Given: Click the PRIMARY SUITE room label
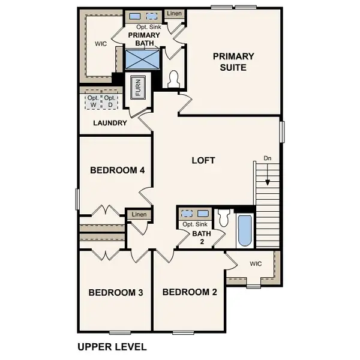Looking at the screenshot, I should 234,62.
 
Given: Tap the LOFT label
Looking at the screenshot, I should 203,160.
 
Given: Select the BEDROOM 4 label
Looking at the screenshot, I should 118,170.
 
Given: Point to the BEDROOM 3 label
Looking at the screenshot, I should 115,293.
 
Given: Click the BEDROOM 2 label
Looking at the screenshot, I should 190,293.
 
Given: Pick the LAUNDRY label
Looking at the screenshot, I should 110,123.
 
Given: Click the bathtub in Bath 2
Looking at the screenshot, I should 244,231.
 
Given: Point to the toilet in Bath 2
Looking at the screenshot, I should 224,217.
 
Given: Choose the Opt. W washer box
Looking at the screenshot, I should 93,101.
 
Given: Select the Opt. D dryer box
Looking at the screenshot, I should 110,101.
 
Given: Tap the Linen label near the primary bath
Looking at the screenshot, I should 174,13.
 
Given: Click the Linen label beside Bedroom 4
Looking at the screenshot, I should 139,214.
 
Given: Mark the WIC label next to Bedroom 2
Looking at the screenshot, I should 256,263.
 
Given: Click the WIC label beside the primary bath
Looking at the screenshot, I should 101,44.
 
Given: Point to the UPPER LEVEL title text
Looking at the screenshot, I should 112,346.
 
